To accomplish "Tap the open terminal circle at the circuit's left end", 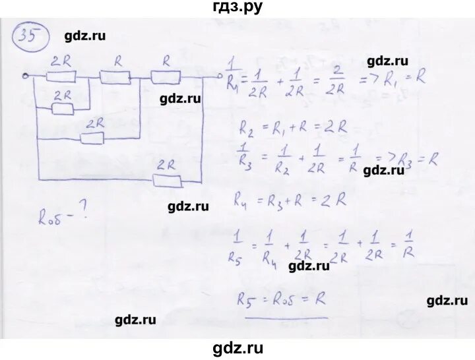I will pyautogui.click(x=24, y=76).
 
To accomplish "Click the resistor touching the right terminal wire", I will pyautogui.click(x=164, y=77).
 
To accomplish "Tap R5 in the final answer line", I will pyautogui.click(x=247, y=299).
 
